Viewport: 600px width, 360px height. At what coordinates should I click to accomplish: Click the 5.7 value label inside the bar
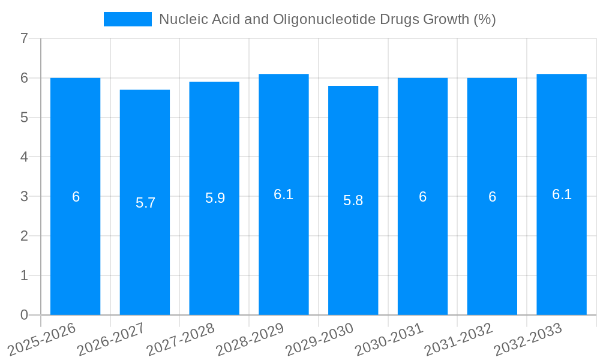145,203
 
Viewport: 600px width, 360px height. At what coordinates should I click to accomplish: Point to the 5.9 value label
215,199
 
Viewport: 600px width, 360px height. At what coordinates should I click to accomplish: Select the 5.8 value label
353,201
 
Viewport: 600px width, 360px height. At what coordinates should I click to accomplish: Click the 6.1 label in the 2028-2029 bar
283,195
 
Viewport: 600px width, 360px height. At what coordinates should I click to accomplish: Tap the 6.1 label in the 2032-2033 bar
562,195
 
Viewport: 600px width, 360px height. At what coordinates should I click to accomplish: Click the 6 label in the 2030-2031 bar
422,197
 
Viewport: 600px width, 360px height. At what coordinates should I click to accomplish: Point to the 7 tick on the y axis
24,39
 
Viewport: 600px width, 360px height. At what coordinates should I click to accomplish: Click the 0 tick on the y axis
24,315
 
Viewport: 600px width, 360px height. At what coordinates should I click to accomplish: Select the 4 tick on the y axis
24,157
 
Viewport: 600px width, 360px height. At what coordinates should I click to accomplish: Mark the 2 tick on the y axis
24,236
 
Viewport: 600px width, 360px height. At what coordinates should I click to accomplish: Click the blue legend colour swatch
128,19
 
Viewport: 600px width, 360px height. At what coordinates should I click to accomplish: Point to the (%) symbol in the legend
484,19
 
